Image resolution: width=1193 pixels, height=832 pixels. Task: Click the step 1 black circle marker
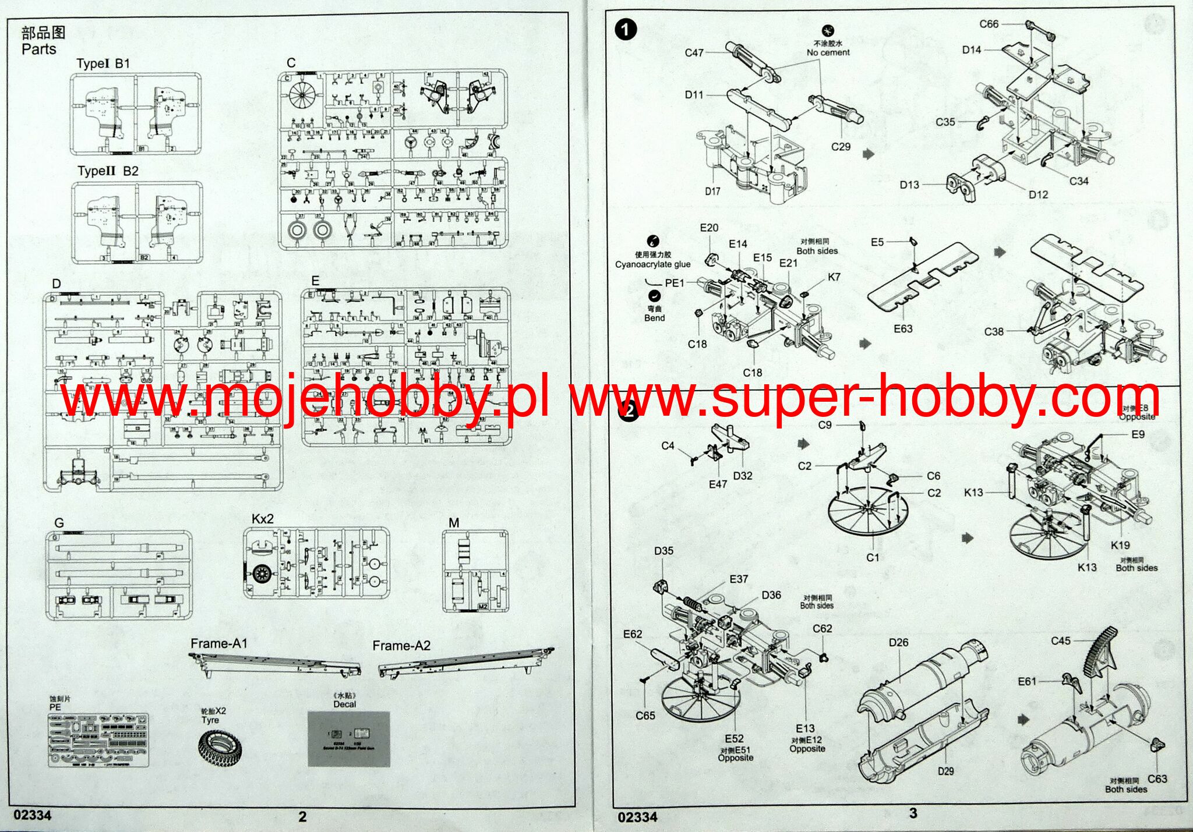pyautogui.click(x=626, y=29)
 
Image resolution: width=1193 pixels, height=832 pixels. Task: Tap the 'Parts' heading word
pyautogui.click(x=39, y=49)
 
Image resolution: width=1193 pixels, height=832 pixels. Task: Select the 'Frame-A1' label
pyautogui.click(x=219, y=643)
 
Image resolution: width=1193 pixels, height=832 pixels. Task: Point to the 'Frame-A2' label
pyautogui.click(x=401, y=646)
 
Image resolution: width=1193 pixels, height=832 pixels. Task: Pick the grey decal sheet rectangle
pyautogui.click(x=348, y=738)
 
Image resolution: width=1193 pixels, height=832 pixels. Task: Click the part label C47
pyautogui.click(x=694, y=53)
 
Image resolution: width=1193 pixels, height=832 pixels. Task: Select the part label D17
pyautogui.click(x=712, y=191)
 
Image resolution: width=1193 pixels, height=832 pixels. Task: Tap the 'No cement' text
pyautogui.click(x=828, y=52)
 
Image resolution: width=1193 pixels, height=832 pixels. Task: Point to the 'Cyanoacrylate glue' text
pyautogui.click(x=652, y=264)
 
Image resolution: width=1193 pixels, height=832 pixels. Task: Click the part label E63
pyautogui.click(x=903, y=329)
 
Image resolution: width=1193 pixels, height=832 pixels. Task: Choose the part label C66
pyautogui.click(x=989, y=24)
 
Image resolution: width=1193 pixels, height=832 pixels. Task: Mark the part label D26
pyautogui.click(x=898, y=642)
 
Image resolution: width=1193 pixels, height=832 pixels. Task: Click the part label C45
pyautogui.click(x=1060, y=640)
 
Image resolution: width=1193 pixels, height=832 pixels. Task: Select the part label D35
pyautogui.click(x=663, y=551)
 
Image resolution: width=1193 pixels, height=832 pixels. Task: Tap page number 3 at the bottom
pyautogui.click(x=913, y=813)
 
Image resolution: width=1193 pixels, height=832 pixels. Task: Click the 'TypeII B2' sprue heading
pyautogui.click(x=108, y=171)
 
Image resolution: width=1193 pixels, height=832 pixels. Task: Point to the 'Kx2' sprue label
pyautogui.click(x=262, y=519)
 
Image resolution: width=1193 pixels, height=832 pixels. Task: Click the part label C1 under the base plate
pyautogui.click(x=872, y=557)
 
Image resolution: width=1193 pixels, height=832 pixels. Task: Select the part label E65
pyautogui.click(x=645, y=716)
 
